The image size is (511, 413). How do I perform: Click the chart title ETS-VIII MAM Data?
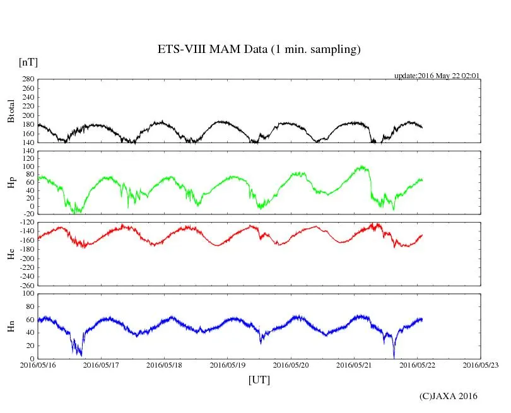[259, 50]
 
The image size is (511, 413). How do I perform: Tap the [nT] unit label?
[28, 62]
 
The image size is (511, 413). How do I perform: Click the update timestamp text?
[437, 76]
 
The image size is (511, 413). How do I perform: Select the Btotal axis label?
[11, 111]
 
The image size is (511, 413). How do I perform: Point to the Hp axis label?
[11, 183]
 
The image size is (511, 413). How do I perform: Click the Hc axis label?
[11, 254]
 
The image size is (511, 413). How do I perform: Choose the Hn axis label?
[11, 326]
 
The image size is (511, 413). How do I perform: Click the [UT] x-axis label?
[259, 380]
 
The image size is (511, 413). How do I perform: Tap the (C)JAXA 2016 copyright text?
[449, 396]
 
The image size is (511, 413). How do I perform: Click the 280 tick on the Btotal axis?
[28, 80]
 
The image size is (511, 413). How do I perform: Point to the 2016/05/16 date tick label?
[38, 364]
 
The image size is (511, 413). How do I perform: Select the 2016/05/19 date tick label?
[228, 364]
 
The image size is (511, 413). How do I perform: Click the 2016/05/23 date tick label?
[481, 364]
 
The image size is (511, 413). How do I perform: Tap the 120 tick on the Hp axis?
[28, 151]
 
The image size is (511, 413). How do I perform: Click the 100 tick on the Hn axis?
[28, 294]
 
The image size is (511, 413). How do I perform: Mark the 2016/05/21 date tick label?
[354, 364]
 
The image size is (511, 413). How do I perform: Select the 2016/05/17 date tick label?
[101, 364]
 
